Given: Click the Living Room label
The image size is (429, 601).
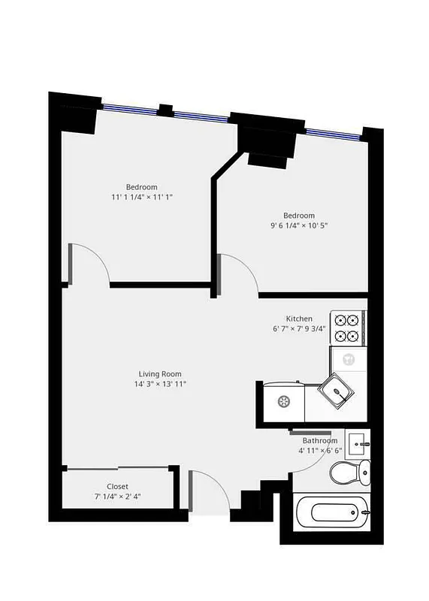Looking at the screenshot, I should pyautogui.click(x=159, y=374).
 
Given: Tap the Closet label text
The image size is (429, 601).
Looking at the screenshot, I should pyautogui.click(x=117, y=487).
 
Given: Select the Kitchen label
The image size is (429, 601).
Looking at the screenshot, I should pyautogui.click(x=299, y=319).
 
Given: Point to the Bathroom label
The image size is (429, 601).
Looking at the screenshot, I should pyautogui.click(x=320, y=441).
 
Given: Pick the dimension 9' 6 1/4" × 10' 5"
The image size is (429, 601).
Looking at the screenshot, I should pyautogui.click(x=299, y=225).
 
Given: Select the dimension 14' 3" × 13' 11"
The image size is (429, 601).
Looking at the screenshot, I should pyautogui.click(x=159, y=384).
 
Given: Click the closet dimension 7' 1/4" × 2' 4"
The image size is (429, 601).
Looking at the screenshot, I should pyautogui.click(x=117, y=497).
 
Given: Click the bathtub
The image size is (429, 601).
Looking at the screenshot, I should pyautogui.click(x=331, y=513).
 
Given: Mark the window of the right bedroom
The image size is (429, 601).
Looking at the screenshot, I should pyautogui.click(x=332, y=133).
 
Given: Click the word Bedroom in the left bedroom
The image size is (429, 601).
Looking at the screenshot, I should pyautogui.click(x=141, y=187).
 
